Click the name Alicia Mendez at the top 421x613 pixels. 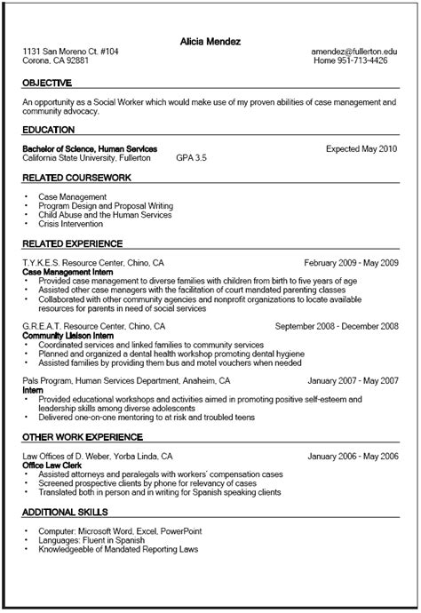pyautogui.click(x=210, y=41)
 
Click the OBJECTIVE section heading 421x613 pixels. pyautogui.click(x=47, y=83)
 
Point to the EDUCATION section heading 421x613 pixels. pyautogui.click(x=48, y=130)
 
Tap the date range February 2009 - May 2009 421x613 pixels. pyautogui.click(x=351, y=264)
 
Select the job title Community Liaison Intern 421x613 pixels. pyautogui.click(x=68, y=336)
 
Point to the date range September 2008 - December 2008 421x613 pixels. pyautogui.click(x=337, y=327)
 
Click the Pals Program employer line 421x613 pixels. pyautogui.click(x=114, y=381)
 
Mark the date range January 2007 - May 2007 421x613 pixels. pyautogui.click(x=353, y=381)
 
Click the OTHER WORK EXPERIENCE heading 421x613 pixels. pyautogui.click(x=83, y=437)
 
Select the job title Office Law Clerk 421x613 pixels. pyautogui.click(x=52, y=466)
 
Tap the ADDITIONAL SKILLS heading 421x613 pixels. pyautogui.click(x=65, y=513)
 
